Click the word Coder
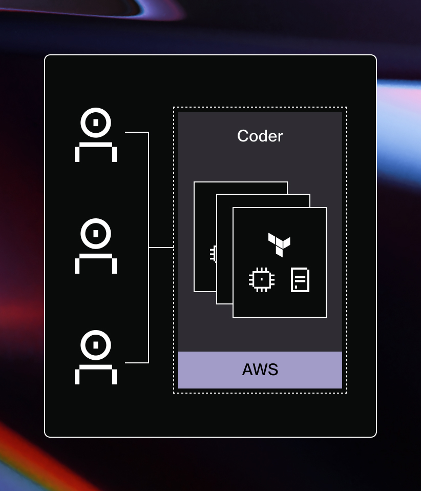pos(260,136)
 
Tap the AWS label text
pos(260,370)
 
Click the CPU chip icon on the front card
pos(262,279)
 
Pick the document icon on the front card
pos(300,280)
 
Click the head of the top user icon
pos(96,123)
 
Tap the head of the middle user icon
pos(96,234)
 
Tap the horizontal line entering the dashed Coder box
pos(161,248)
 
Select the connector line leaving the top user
pos(136,133)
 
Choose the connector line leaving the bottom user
pos(136,362)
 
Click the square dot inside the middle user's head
pos(96,234)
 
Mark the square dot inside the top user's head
pos(96,123)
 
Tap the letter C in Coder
pos(243,136)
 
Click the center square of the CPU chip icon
pos(262,279)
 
